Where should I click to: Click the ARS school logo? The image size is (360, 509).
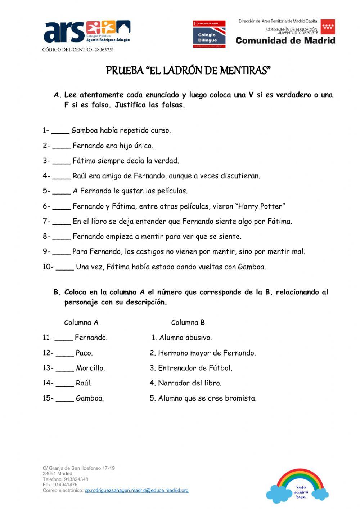(x=86, y=32)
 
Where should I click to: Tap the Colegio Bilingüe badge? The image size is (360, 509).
(x=209, y=34)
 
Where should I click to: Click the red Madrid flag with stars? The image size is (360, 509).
(x=328, y=27)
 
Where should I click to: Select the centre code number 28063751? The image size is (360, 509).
(x=104, y=50)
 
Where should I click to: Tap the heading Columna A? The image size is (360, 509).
(x=81, y=322)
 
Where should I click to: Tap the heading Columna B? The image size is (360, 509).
(x=188, y=322)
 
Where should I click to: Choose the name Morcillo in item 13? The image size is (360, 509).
(x=90, y=368)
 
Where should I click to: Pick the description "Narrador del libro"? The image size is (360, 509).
(x=190, y=383)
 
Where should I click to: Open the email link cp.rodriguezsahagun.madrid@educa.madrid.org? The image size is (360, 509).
(x=136, y=490)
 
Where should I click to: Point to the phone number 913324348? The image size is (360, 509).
(x=76, y=479)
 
